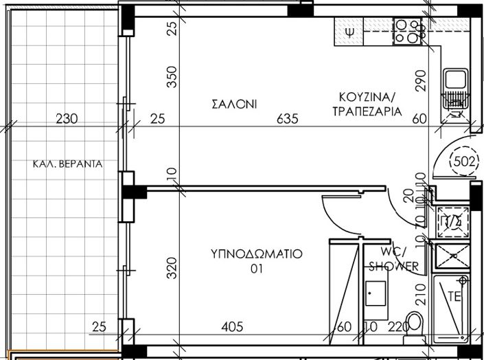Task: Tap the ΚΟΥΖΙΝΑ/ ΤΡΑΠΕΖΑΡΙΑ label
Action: tap(364, 104)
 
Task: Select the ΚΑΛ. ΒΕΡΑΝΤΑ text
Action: tap(67, 164)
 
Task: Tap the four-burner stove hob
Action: tap(409, 31)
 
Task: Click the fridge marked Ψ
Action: tap(350, 32)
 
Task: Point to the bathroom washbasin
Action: tap(375, 293)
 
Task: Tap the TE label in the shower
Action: tap(454, 297)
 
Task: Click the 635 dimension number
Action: tap(286, 119)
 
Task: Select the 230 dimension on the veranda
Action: tap(67, 119)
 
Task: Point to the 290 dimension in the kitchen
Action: tap(421, 82)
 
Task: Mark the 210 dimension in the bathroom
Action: tap(421, 298)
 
